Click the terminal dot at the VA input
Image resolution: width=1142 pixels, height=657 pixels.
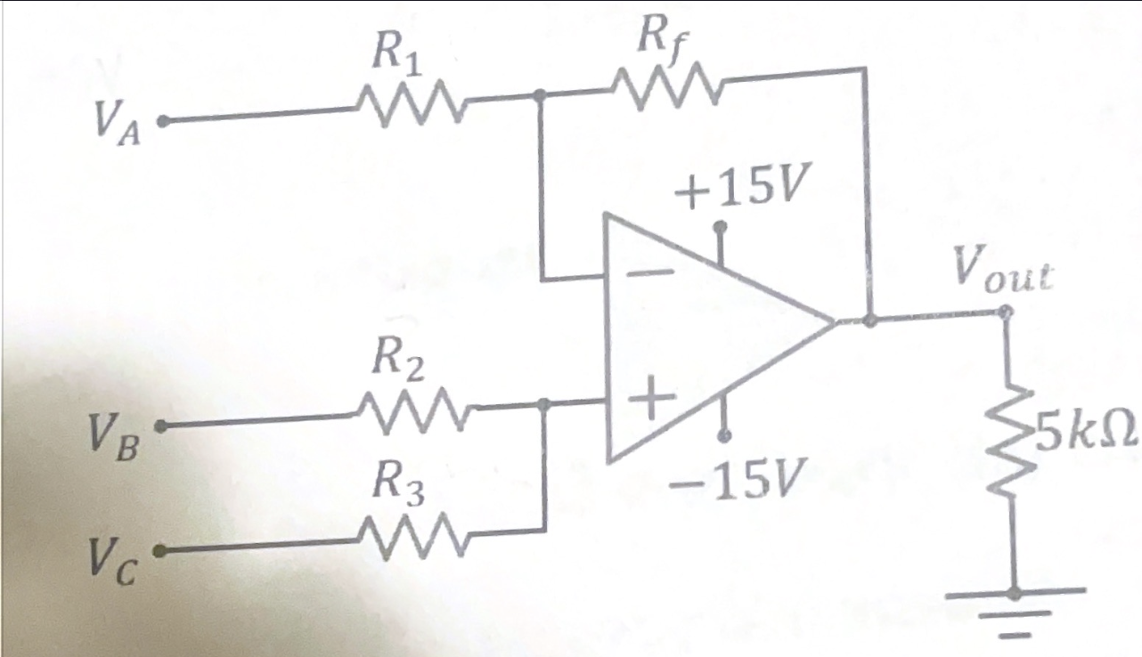click(162, 120)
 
